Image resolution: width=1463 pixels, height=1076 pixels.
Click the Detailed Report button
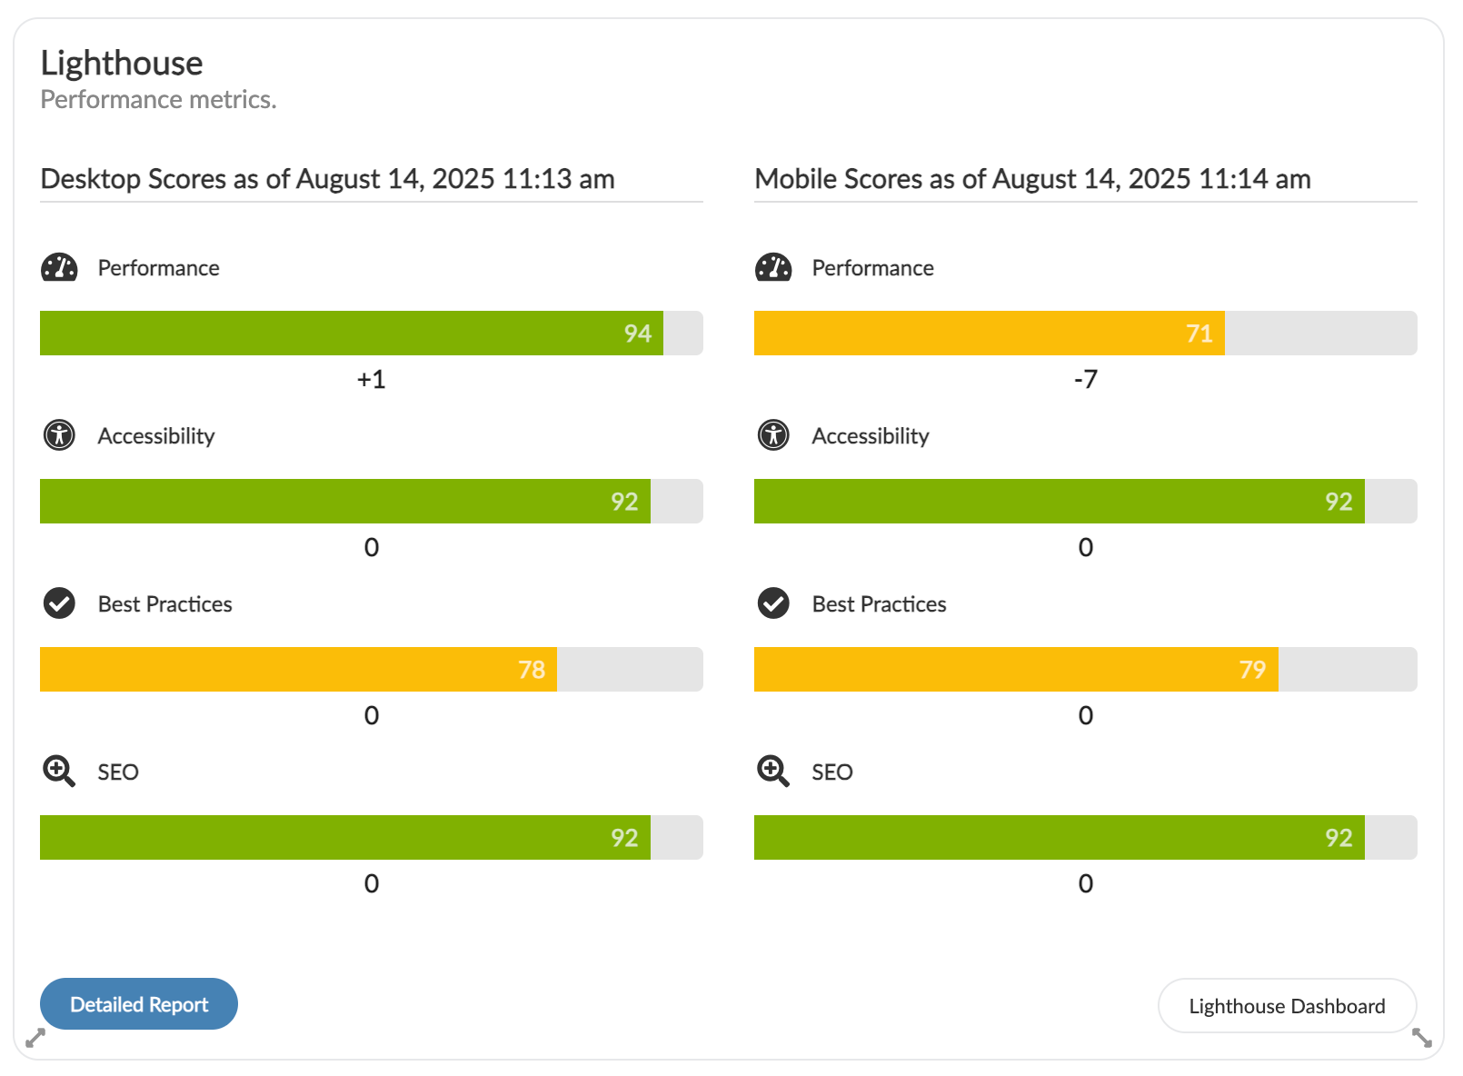[139, 1004]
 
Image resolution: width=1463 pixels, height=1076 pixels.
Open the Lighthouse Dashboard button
[1287, 1006]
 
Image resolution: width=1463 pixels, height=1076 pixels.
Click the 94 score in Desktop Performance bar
[637, 334]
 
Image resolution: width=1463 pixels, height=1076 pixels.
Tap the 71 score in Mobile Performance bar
[1199, 334]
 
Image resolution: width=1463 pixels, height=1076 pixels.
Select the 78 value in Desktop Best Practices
[532, 670]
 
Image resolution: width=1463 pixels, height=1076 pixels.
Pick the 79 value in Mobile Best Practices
[1252, 670]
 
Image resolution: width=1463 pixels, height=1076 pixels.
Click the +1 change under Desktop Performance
[371, 379]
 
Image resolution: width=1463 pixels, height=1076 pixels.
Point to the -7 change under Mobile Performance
[1085, 379]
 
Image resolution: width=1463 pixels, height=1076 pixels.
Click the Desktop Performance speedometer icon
[59, 267]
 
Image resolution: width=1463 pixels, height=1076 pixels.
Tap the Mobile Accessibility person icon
[773, 435]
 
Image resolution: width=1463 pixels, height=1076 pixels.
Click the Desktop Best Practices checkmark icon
[59, 603]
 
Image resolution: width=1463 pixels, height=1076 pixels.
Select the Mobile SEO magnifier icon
[773, 772]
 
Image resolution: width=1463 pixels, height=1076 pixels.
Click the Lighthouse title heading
[122, 64]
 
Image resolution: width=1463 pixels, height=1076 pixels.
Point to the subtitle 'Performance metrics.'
[158, 99]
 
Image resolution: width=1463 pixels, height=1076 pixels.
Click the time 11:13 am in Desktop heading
[558, 179]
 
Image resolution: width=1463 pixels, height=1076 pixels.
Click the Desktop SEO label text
[118, 772]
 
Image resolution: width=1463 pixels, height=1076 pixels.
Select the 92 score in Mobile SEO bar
[1338, 838]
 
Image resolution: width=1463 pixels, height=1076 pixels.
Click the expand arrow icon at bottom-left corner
[35, 1037]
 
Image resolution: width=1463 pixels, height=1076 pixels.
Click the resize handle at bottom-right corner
[1422, 1037]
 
